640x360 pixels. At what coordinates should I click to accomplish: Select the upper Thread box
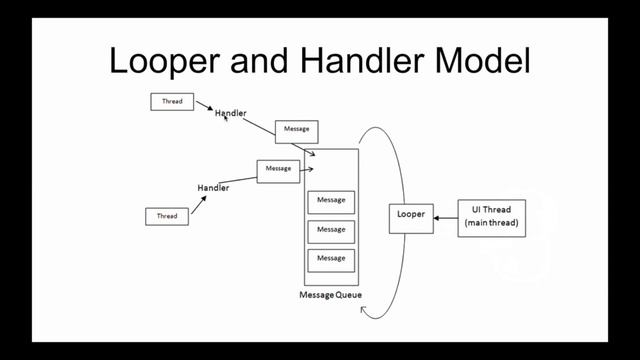tap(172, 101)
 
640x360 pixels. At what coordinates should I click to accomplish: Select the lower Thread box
tap(167, 215)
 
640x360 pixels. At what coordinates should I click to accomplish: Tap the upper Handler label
tap(230, 114)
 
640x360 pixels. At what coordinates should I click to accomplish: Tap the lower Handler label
tap(213, 188)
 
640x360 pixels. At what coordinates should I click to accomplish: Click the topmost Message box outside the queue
tap(295, 130)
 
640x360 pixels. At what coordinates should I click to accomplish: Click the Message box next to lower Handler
tap(278, 170)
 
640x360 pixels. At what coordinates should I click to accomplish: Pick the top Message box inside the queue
tap(331, 201)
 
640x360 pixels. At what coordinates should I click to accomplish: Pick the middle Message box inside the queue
tap(331, 230)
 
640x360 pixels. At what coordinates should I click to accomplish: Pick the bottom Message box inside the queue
tap(331, 259)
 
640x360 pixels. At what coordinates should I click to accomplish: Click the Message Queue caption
tap(330, 295)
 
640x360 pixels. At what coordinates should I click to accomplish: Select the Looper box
tap(411, 216)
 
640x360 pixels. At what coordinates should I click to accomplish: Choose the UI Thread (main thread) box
tap(491, 217)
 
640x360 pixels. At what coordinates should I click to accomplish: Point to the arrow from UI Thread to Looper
tap(446, 217)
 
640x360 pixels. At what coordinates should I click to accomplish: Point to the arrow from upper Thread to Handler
tap(204, 105)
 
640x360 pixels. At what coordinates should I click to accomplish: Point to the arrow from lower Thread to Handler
tap(198, 204)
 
